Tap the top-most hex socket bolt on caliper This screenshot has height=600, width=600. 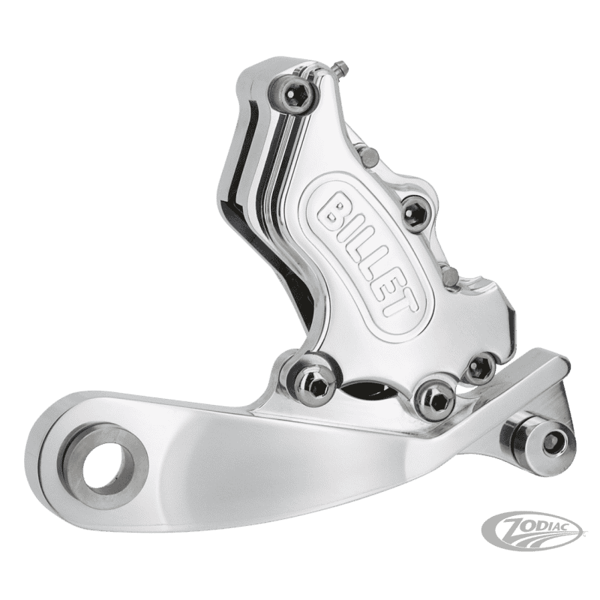tap(292, 94)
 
